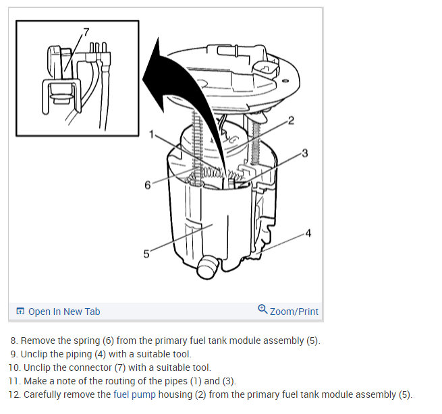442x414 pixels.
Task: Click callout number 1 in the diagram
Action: pos(153,134)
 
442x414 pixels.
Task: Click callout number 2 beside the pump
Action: pos(291,121)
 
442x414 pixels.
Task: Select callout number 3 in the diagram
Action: pos(304,153)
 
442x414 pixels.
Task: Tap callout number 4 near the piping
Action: pos(308,233)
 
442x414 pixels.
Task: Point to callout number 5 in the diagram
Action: pos(146,254)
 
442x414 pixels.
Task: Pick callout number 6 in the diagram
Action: pos(148,184)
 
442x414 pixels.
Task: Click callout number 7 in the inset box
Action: pos(86,32)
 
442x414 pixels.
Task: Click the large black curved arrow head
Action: pos(157,74)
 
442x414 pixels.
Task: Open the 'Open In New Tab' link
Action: pos(64,311)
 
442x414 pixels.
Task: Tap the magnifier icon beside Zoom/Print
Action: pos(263,309)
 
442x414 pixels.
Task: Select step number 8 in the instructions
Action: pos(13,341)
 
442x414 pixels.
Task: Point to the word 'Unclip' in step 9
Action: pos(36,354)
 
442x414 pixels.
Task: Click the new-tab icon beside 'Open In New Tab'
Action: pos(20,311)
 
